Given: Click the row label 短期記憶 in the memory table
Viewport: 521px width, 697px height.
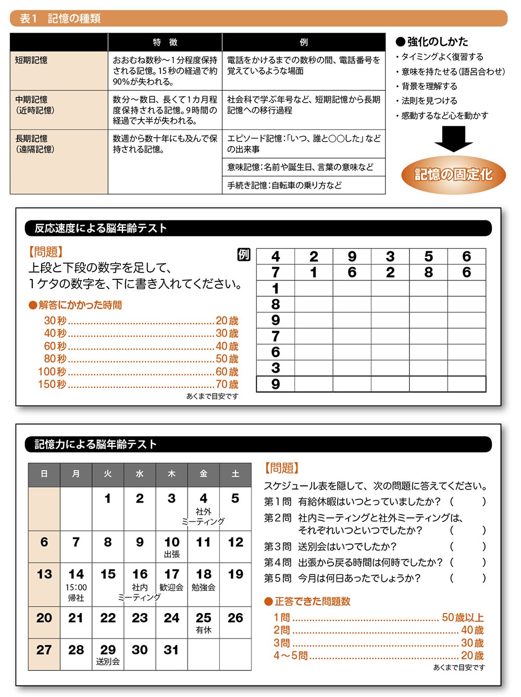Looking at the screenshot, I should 31,60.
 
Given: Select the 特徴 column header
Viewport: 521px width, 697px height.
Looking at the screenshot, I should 165,42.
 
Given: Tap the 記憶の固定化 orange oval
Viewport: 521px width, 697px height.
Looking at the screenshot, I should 453,175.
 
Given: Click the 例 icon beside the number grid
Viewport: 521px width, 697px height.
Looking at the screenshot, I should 244,254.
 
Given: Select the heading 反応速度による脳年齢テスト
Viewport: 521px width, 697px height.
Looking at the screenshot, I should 101,228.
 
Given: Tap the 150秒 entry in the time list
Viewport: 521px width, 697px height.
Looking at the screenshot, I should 52,384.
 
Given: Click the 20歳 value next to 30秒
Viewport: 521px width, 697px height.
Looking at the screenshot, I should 227,321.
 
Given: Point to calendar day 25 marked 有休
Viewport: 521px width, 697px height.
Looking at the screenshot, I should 204,622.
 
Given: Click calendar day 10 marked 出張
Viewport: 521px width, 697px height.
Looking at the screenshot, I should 172,546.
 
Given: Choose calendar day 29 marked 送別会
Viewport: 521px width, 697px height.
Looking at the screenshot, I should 108,654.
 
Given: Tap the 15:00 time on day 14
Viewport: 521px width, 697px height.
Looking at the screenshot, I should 76,588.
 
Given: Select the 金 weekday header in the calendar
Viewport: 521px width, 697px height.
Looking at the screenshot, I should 204,474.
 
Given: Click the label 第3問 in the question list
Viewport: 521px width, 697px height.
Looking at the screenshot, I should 277,546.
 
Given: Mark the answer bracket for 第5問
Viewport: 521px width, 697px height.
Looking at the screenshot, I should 468,578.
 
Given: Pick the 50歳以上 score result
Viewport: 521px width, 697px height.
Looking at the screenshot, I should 463,617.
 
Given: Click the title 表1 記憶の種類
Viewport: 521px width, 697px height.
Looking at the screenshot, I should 60,19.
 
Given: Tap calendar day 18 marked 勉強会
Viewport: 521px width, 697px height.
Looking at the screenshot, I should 204,579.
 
